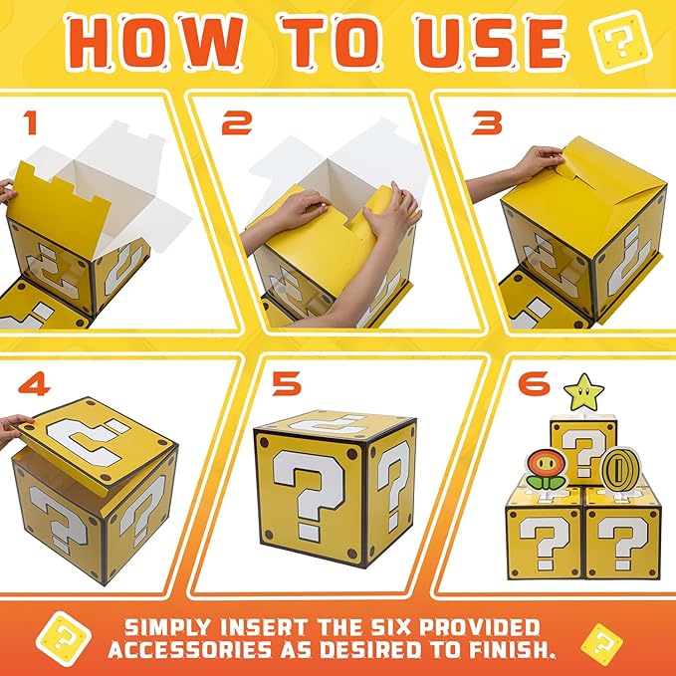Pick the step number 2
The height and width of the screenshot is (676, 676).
(236, 122)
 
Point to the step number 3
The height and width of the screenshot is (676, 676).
(488, 121)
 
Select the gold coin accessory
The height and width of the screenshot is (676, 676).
(619, 467)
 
